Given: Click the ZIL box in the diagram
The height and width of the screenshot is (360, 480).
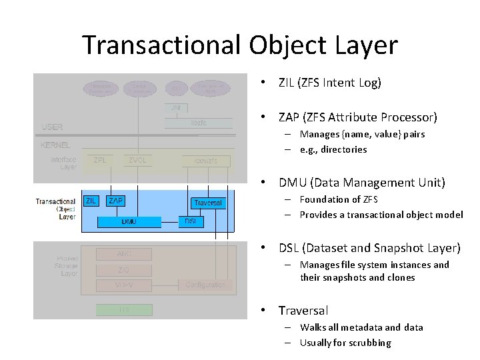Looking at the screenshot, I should point(91,200).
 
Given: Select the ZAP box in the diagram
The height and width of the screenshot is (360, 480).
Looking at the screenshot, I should point(115,200).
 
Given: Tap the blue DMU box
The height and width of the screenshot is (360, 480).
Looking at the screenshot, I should point(129,221).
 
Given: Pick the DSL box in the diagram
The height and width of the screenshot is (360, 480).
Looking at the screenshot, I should point(190,221).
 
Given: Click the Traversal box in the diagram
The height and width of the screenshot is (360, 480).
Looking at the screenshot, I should point(208,202).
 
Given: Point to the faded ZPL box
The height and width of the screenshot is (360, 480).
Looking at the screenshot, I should point(100,160).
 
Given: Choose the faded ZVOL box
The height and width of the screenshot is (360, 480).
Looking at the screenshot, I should point(137,160).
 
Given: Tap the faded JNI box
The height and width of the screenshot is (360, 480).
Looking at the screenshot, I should point(176,107).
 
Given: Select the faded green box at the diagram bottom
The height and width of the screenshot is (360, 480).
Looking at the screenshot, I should point(124,310).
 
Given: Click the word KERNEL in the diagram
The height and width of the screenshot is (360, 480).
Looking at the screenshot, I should point(56,145).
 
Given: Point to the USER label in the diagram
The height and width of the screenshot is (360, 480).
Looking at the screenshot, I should point(52,127).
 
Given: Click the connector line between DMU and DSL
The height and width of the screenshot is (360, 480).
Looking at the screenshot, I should point(170,221).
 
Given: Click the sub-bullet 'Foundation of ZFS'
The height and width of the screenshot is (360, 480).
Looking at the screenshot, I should point(339,199).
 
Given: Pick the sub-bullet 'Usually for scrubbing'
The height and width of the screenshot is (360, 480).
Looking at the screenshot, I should point(345,343).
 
